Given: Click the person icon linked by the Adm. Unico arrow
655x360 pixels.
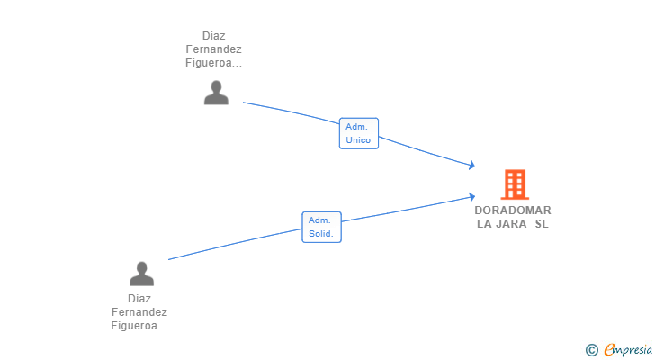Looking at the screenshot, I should [216, 93].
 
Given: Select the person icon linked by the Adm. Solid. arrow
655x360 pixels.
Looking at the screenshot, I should [141, 274].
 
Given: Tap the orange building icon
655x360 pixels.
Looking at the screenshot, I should [514, 184].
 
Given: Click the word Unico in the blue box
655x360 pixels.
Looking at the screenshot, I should [358, 140].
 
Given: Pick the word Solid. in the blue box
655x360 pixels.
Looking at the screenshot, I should [321, 234].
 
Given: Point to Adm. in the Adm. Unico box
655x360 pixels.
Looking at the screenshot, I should [356, 127].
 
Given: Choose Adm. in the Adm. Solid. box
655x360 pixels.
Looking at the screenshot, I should [319, 220].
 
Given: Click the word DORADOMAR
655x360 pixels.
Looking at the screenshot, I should [513, 211].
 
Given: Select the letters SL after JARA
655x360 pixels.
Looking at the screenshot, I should [541, 223].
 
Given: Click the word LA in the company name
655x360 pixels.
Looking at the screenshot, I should [484, 223].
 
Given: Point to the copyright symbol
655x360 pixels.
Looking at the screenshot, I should [591, 349].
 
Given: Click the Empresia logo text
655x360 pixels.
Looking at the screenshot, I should [629, 349].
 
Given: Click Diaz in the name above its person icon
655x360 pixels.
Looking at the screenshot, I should [213, 37].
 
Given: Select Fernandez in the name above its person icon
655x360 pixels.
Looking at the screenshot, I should [213, 50].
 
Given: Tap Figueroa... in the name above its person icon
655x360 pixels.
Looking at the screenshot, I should [213, 64].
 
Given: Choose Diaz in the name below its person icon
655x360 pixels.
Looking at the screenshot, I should [139, 299].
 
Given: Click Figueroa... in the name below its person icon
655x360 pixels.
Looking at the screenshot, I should [139, 326].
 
